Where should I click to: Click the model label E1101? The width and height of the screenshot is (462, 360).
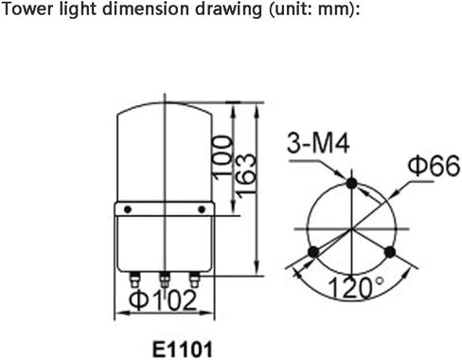(x=183, y=350)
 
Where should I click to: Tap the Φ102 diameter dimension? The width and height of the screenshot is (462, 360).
(x=163, y=299)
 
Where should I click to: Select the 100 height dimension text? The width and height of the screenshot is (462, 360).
(x=222, y=157)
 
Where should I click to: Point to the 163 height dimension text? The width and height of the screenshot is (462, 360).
(x=246, y=175)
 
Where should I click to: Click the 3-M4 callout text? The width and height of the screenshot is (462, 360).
(x=318, y=143)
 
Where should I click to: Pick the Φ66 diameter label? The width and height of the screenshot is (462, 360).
(x=434, y=165)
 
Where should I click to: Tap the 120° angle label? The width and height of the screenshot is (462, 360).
(x=356, y=287)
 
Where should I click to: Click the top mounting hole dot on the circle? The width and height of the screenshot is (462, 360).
(x=351, y=183)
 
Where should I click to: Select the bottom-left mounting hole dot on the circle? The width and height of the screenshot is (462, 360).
(x=313, y=252)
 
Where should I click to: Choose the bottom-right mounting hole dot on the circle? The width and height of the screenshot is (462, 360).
(x=390, y=252)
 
